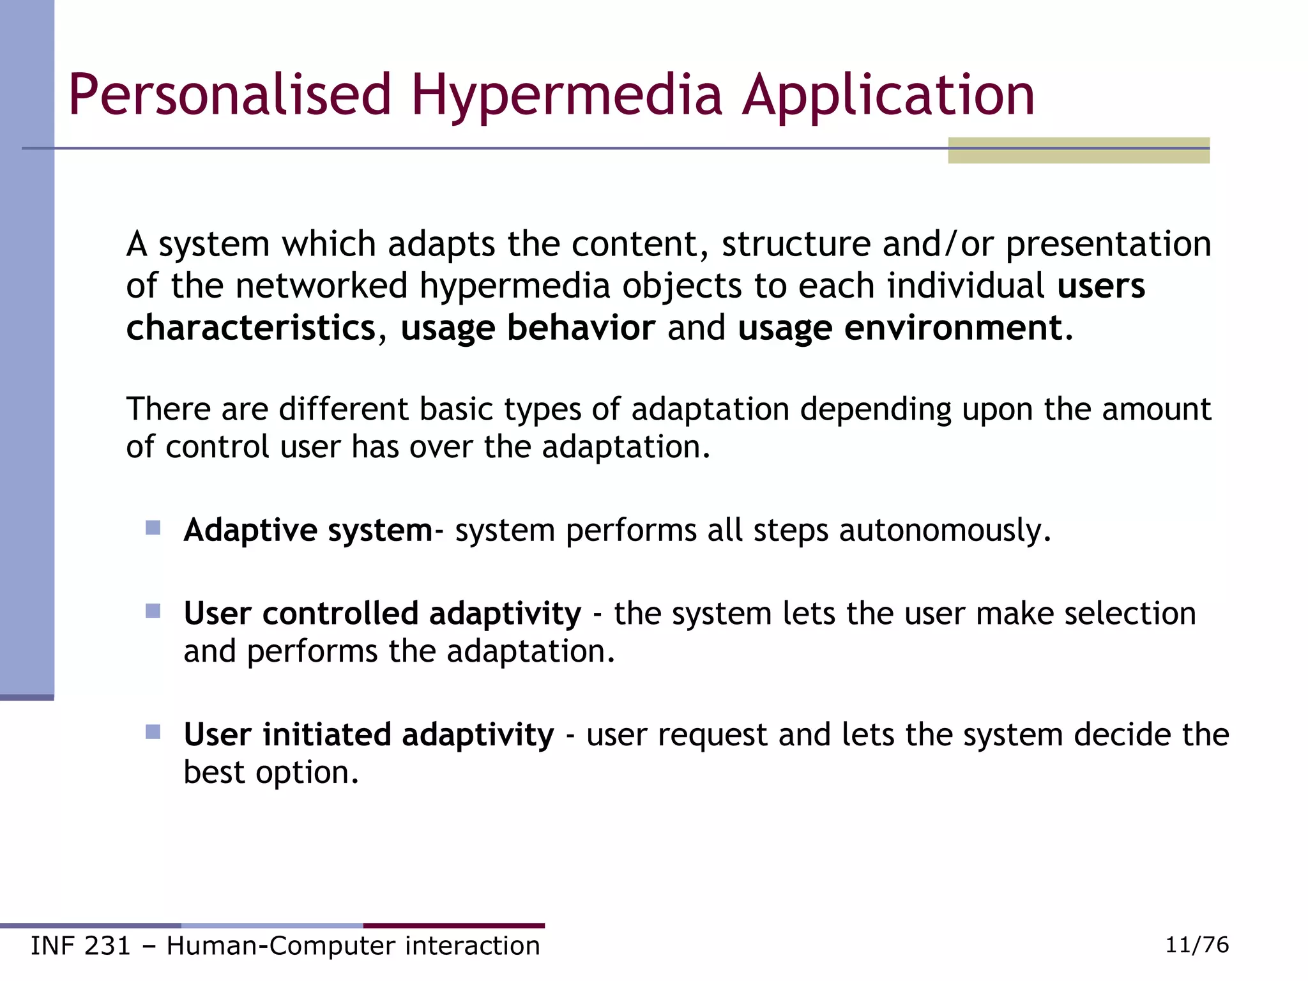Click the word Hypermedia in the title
coord(567,96)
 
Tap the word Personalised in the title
coord(230,96)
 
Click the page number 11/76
coord(1197,945)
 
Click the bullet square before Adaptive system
coord(153,528)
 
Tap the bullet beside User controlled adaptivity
coord(153,611)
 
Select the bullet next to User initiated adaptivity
coord(153,732)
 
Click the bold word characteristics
coord(251,328)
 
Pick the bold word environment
coord(953,328)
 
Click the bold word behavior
coord(581,328)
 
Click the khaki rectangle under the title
coord(1078,156)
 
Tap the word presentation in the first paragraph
coord(1108,245)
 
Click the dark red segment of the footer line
coord(454,925)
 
